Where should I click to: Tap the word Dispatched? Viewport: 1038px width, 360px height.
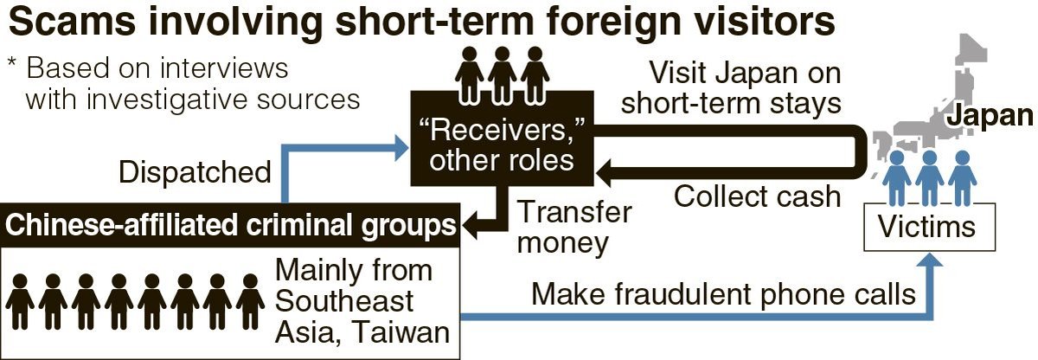pos(195,172)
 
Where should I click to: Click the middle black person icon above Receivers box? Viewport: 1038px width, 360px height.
pos(502,74)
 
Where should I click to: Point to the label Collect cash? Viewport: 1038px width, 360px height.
pos(757,196)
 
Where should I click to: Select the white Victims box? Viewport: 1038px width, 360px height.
pos(926,227)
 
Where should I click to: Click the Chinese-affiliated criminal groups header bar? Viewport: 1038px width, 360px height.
pos(231,225)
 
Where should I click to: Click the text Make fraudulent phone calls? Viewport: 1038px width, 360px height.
pos(723,295)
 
